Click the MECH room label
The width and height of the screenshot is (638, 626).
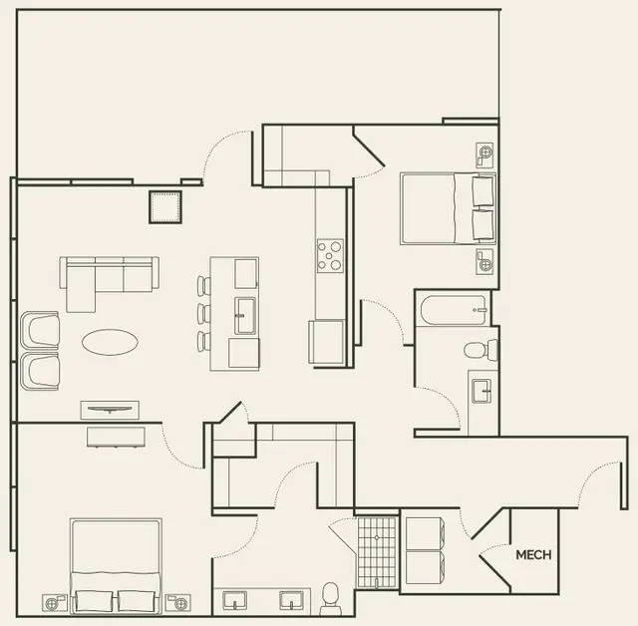click(x=533, y=555)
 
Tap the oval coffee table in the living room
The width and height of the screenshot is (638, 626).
click(x=110, y=343)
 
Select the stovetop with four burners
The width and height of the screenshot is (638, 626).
click(x=330, y=255)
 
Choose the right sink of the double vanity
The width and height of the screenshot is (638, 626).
click(x=291, y=600)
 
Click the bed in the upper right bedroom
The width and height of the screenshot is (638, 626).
click(x=448, y=208)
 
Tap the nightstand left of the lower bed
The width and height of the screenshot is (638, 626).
click(x=55, y=603)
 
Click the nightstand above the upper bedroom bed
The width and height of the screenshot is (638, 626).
click(x=485, y=153)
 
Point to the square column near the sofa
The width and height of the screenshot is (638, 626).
click(x=165, y=207)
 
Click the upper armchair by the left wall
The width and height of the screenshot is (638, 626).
click(x=39, y=329)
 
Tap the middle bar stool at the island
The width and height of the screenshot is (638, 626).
click(x=203, y=314)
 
